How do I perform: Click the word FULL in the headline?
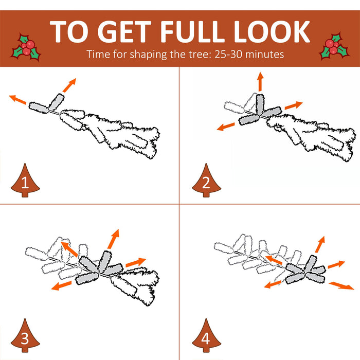192,32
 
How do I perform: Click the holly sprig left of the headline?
26,48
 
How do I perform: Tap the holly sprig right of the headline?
334,47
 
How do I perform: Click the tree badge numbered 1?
25,181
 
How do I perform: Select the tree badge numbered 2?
206,181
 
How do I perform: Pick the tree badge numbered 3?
25,335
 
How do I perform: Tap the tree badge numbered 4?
206,335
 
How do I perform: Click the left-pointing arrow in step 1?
17,99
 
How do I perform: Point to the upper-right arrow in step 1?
69,85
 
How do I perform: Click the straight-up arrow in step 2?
260,81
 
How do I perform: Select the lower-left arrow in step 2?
226,127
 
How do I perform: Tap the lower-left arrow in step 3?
61,285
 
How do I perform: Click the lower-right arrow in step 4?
341,286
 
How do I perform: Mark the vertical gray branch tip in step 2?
260,104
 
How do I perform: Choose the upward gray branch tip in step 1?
57,101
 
